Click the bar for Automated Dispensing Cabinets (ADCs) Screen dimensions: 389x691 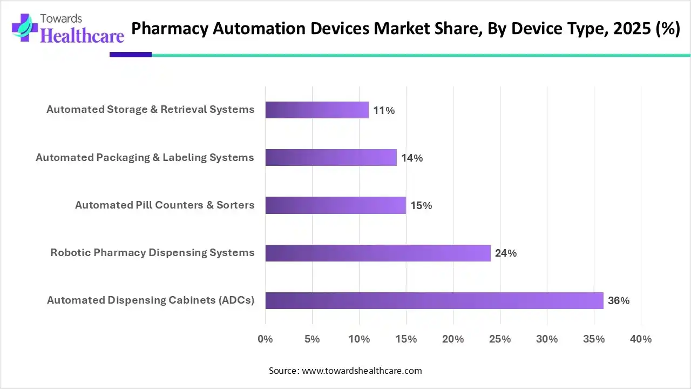click(434, 300)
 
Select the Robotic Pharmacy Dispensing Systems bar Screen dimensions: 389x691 click(378, 253)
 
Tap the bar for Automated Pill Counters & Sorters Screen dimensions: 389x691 click(335, 205)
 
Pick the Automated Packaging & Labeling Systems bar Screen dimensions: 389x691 click(331, 158)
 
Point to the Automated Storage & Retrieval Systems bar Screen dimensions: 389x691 click(317, 110)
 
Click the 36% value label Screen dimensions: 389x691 click(619, 301)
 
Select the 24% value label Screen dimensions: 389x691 click(506, 253)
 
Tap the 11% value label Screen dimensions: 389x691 click(384, 111)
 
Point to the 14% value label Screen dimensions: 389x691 click(412, 158)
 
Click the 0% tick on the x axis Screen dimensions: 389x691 click(265, 339)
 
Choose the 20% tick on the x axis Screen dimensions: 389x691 click(453, 339)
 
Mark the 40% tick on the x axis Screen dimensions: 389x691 click(641, 339)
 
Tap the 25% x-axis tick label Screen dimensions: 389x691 click(500, 339)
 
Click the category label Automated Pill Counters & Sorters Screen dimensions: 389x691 click(165, 205)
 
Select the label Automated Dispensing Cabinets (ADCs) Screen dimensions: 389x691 click(151, 300)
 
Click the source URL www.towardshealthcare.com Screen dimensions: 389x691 click(362, 371)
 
